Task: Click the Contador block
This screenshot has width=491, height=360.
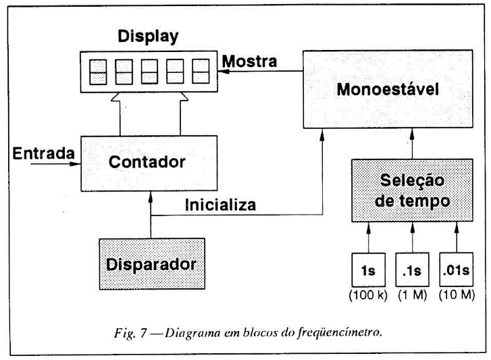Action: point(149,163)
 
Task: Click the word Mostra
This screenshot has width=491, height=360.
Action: point(249,61)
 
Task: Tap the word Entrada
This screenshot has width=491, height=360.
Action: point(42,154)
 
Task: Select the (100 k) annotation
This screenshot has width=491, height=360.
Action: point(368,295)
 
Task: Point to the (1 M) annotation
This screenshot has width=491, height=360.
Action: point(412,295)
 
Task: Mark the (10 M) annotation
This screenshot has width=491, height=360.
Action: point(456,295)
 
